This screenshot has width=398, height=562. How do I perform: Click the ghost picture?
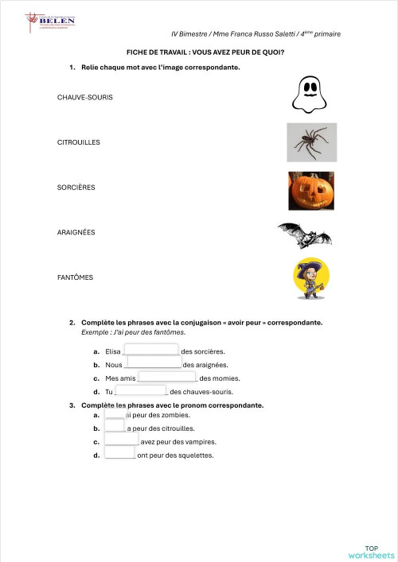(x=310, y=95)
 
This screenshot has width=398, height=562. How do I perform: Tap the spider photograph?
(x=311, y=142)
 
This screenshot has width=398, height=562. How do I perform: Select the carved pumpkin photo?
(x=310, y=191)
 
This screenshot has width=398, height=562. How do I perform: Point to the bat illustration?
(x=304, y=235)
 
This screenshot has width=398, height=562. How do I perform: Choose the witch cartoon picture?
(x=310, y=280)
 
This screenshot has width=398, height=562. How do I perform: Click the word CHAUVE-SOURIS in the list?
(x=85, y=97)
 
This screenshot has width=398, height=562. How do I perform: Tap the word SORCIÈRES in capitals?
(x=76, y=188)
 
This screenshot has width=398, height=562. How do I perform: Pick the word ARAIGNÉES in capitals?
(x=76, y=232)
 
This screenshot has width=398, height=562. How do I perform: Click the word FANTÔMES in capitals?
(x=76, y=277)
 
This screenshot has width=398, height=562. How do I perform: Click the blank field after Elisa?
(x=150, y=350)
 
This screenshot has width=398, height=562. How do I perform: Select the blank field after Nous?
(x=154, y=363)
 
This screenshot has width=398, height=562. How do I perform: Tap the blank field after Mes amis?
(x=167, y=378)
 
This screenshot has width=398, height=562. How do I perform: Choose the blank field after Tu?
(x=141, y=390)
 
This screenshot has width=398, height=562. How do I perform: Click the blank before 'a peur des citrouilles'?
(x=115, y=427)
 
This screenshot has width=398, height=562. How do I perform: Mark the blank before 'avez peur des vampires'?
(x=121, y=440)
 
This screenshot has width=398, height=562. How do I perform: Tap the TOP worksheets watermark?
(x=371, y=552)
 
